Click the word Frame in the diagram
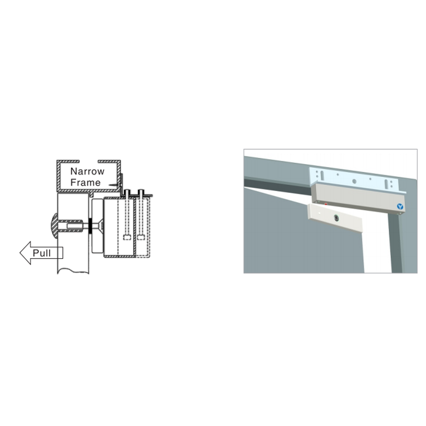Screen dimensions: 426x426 [x=86, y=183]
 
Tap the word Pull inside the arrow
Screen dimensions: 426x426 [x=42, y=253]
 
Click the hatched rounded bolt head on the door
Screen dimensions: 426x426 [x=54, y=226]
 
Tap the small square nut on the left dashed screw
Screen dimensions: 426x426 [x=127, y=237]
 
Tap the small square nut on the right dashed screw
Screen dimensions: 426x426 [x=141, y=237]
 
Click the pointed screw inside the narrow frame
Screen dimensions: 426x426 [x=114, y=184]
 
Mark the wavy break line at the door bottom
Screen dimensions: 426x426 [x=73, y=271]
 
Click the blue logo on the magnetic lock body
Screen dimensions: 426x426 [x=400, y=206]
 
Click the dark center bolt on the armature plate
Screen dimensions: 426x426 [x=336, y=217]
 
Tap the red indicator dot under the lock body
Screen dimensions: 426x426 [x=326, y=203]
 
